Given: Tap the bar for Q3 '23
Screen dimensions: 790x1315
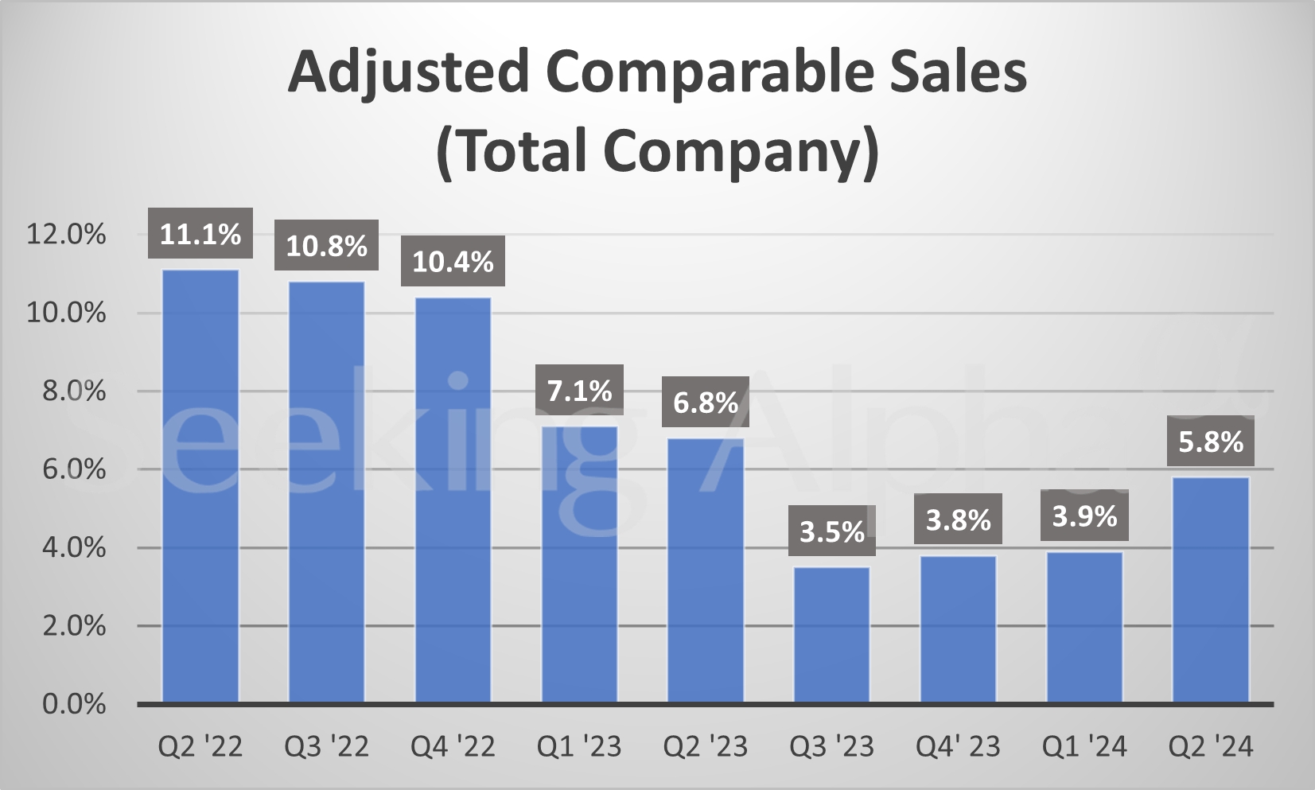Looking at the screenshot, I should [x=832, y=634].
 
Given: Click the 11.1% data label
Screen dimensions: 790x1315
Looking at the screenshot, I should [x=200, y=234].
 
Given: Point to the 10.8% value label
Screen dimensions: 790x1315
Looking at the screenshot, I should [x=326, y=246].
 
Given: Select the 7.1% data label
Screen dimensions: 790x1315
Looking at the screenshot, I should [x=579, y=391].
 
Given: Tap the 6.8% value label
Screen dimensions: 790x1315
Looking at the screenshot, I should [x=706, y=403].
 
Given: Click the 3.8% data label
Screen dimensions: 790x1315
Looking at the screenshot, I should [x=958, y=520].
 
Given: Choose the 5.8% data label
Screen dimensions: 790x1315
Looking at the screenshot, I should [x=1211, y=442].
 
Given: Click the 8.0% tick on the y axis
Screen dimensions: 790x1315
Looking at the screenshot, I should [x=74, y=391].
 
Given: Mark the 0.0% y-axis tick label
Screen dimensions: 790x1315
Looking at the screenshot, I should [x=74, y=704].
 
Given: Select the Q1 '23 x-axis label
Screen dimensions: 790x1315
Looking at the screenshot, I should [x=579, y=746].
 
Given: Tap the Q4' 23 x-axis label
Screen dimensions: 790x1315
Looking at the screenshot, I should [x=958, y=746].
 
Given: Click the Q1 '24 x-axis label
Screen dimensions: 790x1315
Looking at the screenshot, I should [x=1084, y=746].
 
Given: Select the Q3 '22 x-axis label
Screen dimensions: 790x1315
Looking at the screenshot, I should [x=326, y=746].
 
